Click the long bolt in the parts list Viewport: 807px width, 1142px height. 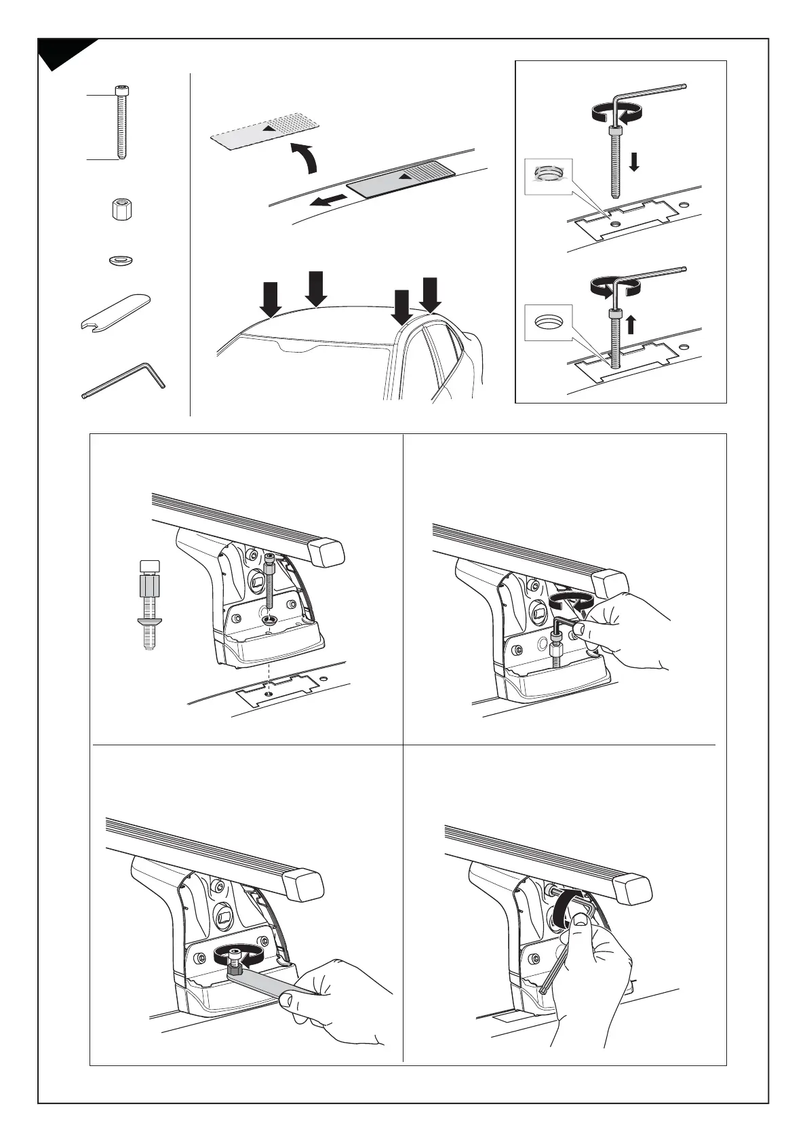tap(120, 125)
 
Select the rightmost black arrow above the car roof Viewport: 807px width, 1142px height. tap(430, 294)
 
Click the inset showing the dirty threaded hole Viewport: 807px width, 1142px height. tap(549, 176)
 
